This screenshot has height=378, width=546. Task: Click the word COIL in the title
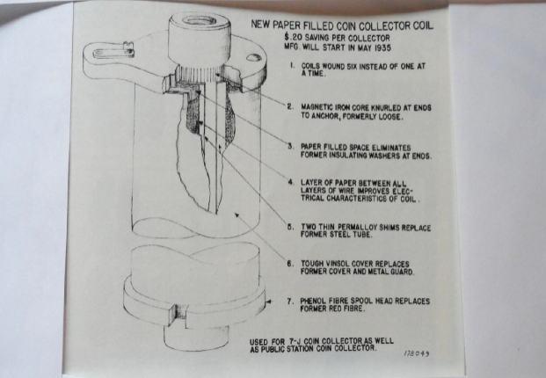(x=423, y=25)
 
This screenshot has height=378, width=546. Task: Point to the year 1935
(x=382, y=47)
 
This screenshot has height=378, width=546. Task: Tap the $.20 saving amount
(x=294, y=37)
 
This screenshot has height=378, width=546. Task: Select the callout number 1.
(x=293, y=65)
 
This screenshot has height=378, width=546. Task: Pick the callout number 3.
(x=291, y=146)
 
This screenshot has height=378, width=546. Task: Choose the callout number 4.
(x=291, y=182)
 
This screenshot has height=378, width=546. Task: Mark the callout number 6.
(x=290, y=264)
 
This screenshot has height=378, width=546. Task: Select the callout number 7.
(x=290, y=301)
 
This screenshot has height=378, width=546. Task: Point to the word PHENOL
(x=313, y=301)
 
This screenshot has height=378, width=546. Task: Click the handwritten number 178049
(x=417, y=353)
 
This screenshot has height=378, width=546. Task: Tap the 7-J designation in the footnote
(x=295, y=341)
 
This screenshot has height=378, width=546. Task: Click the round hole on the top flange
(x=252, y=57)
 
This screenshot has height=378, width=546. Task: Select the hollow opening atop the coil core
(x=200, y=21)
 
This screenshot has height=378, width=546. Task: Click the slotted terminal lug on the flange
(x=113, y=52)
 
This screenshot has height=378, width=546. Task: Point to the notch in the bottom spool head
(x=178, y=313)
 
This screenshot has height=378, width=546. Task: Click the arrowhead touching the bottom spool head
(x=268, y=302)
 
